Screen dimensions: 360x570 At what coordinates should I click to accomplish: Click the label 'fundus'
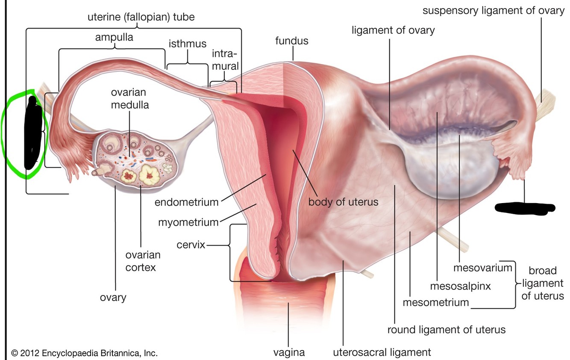tap(292, 41)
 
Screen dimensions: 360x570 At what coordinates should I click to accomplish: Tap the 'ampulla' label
tap(114, 37)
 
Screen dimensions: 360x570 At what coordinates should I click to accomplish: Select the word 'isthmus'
tap(187, 44)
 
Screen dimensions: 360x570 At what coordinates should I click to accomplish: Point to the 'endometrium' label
tap(186, 202)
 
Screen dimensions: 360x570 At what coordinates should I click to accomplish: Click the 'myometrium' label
tap(188, 222)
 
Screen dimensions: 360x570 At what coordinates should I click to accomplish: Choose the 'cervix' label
tap(191, 245)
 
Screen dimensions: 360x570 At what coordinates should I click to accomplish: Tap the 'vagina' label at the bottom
tap(289, 353)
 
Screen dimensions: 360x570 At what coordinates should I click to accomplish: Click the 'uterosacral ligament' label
tap(382, 353)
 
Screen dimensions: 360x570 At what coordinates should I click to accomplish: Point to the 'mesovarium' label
tap(482, 268)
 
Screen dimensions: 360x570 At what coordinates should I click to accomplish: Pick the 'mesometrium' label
tap(436, 303)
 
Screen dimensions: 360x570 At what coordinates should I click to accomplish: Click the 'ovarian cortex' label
tap(143, 261)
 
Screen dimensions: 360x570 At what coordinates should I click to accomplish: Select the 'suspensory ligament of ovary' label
tap(494, 11)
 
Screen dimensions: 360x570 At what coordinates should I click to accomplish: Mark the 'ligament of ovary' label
tap(393, 30)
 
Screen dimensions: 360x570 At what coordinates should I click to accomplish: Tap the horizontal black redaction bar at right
tap(525, 208)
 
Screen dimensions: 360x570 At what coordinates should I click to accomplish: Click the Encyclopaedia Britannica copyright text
tap(85, 354)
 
